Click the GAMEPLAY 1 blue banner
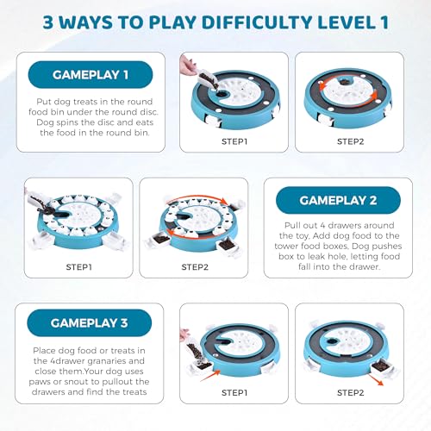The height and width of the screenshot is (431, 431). (91, 75)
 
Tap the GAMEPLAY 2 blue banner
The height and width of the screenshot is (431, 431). (338, 200)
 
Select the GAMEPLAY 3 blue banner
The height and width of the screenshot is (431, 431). (89, 323)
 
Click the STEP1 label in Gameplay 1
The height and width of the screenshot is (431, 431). (234, 141)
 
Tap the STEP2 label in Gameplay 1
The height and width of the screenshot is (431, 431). (350, 141)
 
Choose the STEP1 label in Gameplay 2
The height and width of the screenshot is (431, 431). (78, 267)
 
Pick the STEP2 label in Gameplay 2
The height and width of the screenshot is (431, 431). (195, 267)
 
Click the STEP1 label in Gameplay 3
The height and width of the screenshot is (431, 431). (234, 393)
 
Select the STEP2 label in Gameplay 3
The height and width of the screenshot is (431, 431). (350, 393)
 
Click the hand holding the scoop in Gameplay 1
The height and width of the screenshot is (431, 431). (187, 65)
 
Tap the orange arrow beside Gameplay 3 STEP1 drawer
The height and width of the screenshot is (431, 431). (210, 375)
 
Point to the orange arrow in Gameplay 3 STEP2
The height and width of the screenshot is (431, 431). (376, 379)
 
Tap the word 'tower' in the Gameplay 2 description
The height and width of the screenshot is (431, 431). (286, 247)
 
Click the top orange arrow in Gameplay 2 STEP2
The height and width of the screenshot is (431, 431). (198, 197)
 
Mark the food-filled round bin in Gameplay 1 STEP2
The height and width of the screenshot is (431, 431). (344, 83)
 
